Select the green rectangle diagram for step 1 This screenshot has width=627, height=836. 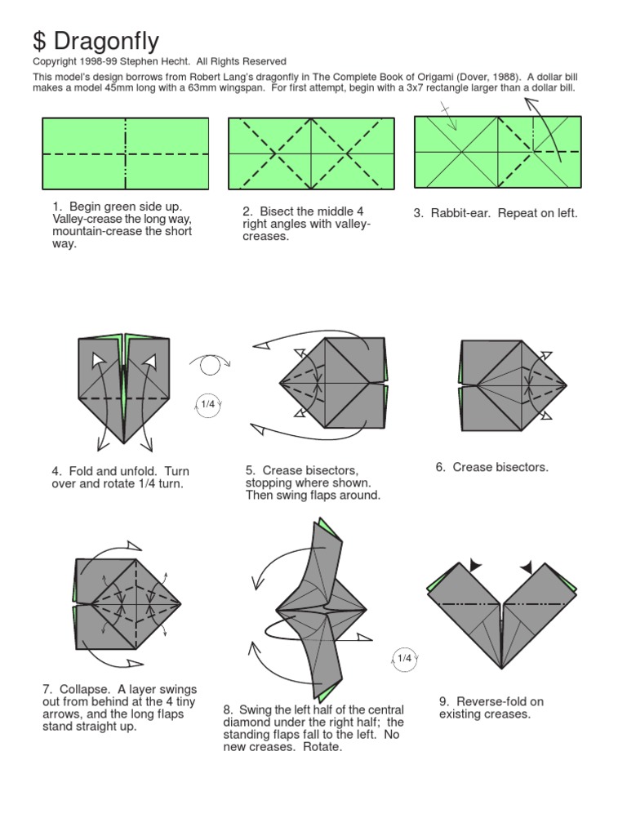pyautogui.click(x=125, y=153)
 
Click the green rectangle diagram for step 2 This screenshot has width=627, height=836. pyautogui.click(x=311, y=153)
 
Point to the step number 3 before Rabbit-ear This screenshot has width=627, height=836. pyautogui.click(x=417, y=214)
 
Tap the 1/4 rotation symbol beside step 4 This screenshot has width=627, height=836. pyautogui.click(x=208, y=405)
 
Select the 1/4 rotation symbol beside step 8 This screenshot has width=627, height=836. pyautogui.click(x=404, y=658)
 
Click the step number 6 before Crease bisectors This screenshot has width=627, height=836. pyautogui.click(x=440, y=467)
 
